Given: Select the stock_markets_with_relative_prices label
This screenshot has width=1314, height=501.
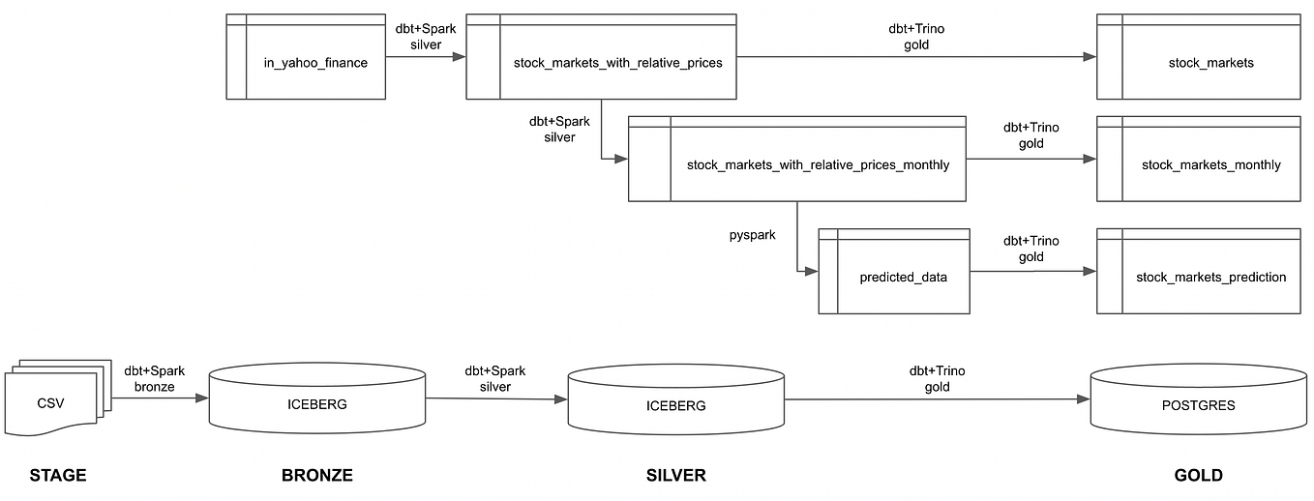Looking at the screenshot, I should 617,63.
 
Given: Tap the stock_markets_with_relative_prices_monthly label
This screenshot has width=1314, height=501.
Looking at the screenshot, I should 818,164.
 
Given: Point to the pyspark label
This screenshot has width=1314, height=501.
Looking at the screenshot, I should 753,235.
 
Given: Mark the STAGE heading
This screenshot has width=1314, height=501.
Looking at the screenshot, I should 58,475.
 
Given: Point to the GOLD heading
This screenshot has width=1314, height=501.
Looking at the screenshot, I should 1198,475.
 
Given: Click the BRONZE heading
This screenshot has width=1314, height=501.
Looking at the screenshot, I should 316,475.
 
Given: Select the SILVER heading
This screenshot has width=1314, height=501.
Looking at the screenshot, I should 675,475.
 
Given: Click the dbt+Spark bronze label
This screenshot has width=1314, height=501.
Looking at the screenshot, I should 154,378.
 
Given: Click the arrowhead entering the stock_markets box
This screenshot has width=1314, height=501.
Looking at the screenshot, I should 1090,57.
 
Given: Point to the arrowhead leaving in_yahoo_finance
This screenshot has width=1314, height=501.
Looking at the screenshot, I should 459,57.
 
